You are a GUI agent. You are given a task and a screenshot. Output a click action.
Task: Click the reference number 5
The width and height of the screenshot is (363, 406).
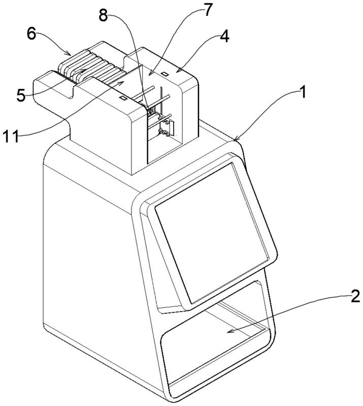pos(21,95)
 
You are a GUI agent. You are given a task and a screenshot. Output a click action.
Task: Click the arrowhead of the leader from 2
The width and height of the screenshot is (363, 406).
pos(227,331)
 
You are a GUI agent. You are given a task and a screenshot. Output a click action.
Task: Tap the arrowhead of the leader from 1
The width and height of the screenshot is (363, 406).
pos(235,139)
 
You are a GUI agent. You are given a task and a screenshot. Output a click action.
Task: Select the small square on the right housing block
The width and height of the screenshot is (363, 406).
pos(166,74)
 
